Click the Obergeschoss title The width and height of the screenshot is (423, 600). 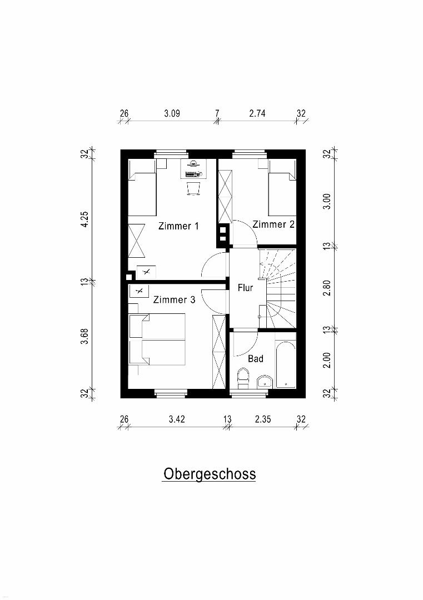tap(210, 474)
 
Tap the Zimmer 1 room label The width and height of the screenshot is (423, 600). tap(179, 226)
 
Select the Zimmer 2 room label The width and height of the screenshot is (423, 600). tap(273, 224)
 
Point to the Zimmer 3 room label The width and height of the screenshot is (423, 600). tap(174, 299)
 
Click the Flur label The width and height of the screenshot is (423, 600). tap(245, 287)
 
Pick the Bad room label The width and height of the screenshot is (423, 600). tap(255, 358)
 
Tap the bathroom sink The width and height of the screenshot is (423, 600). tap(265, 382)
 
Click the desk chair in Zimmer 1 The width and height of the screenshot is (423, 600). tap(193, 189)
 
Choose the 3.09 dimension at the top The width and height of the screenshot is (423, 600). tap(172, 113)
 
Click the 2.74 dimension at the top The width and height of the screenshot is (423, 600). tap(257, 113)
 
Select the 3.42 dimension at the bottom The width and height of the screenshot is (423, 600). tap(177, 419)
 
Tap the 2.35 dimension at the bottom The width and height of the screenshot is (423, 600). tap(263, 419)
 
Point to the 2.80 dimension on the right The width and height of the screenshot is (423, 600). tap(326, 288)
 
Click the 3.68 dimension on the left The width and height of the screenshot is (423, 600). tap(84, 336)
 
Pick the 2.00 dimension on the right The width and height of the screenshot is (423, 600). tap(326, 360)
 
